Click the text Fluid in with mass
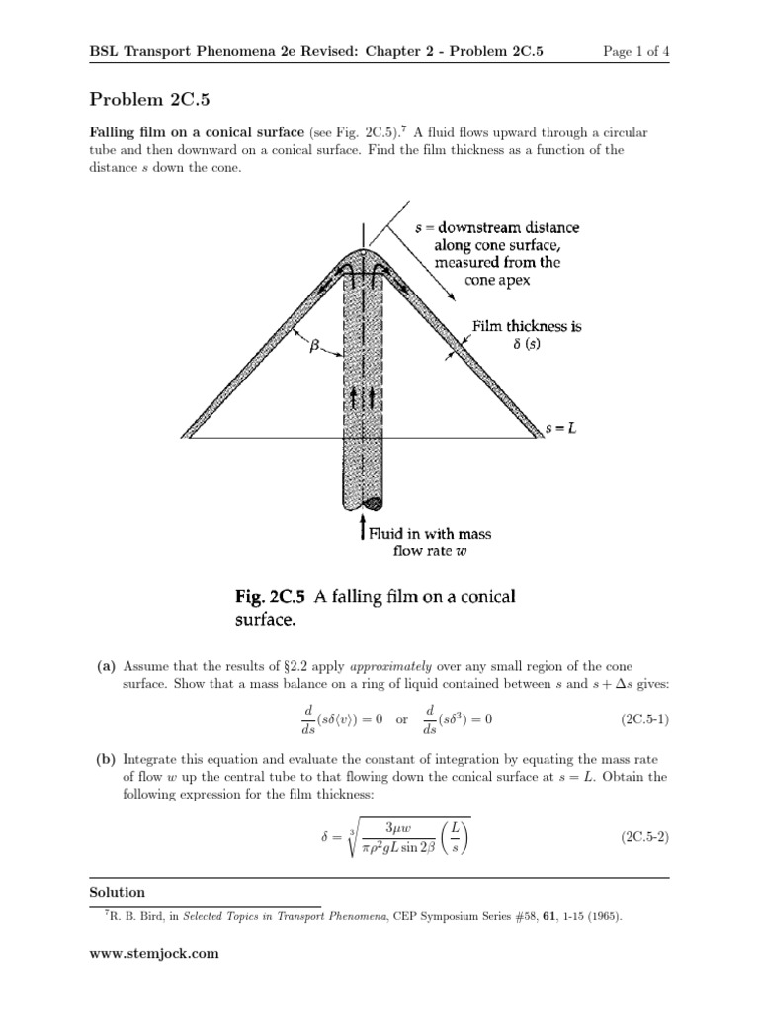click(x=430, y=533)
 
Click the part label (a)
click(x=106, y=666)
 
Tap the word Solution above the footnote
click(x=117, y=892)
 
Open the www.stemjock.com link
click(x=153, y=954)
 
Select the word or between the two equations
click(x=400, y=719)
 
